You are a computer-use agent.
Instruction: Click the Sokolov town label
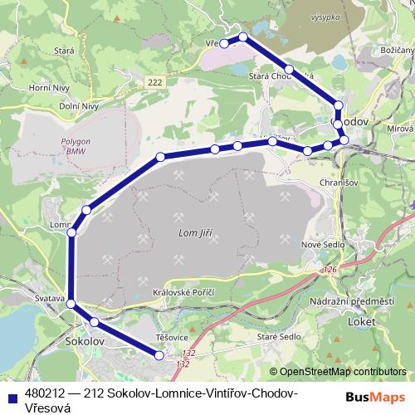83,341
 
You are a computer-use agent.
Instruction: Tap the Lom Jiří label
196,234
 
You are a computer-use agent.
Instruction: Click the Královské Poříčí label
184,293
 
